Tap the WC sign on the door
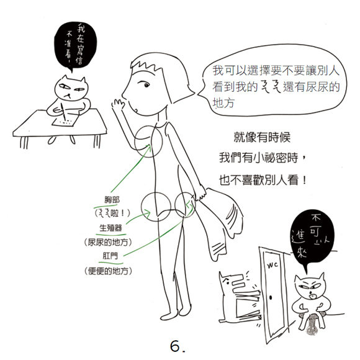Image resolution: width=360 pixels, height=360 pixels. (272, 265)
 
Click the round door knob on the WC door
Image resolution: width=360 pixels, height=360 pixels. (271, 298)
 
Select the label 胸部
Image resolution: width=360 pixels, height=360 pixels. (112, 200)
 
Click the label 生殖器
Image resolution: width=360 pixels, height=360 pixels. (110, 228)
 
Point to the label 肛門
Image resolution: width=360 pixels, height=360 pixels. (110, 256)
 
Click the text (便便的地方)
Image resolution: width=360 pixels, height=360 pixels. (109, 271)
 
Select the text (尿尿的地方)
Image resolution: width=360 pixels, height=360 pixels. (109, 242)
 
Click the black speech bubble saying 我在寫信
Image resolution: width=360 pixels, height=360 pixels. (75, 45)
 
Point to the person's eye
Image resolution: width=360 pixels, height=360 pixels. (146, 85)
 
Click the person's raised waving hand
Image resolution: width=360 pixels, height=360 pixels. (118, 103)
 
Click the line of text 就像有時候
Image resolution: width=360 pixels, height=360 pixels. (262, 137)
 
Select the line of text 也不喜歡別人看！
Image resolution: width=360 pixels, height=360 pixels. (263, 180)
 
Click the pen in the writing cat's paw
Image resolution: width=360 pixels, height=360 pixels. (64, 112)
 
